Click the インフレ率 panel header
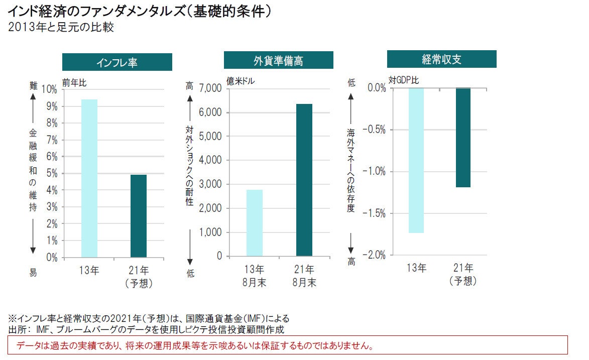click(117, 62)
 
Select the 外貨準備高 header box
click(278, 61)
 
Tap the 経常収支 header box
click(441, 59)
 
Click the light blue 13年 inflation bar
click(89, 178)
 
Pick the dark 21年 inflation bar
click(139, 216)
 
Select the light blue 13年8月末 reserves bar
click(255, 223)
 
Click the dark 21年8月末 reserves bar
click(304, 180)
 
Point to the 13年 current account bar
click(416, 160)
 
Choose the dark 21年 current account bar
click(463, 138)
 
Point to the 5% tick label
click(51, 174)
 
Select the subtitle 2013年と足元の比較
click(61, 27)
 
